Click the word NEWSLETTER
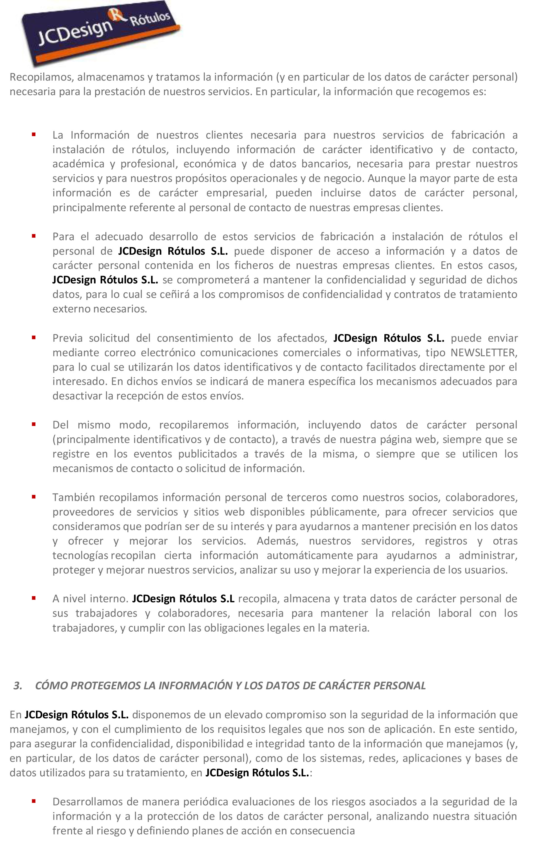pyautogui.click(x=484, y=353)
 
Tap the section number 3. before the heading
pyautogui.click(x=18, y=685)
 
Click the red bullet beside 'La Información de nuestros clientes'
pyautogui.click(x=34, y=134)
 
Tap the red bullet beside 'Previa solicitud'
pyautogui.click(x=34, y=337)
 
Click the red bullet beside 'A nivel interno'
pyautogui.click(x=34, y=598)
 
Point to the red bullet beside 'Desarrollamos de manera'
pyautogui.click(x=34, y=801)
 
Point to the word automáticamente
pyautogui.click(x=310, y=555)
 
